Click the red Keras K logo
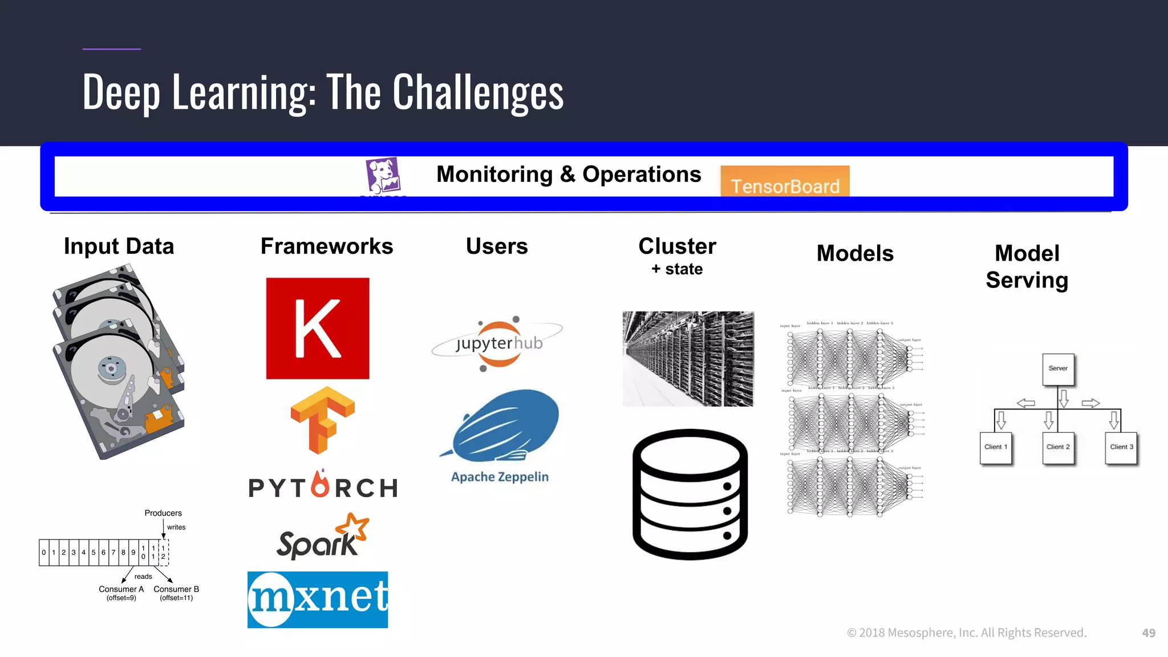pos(318,328)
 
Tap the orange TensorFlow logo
pos(322,419)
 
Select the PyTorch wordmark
pos(323,486)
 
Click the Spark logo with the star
pos(322,538)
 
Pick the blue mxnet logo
pos(318,599)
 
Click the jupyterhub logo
pos(498,343)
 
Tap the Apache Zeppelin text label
pos(500,477)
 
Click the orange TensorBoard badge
pos(785,182)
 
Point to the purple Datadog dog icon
pos(383,176)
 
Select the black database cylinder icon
pos(690,494)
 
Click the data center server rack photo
pos(688,359)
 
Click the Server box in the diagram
pos(1058,369)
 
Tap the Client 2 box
pos(1058,447)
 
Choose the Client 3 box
pos(1121,447)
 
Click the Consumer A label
pos(121,589)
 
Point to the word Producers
pos(163,513)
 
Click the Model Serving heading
pos(1027,266)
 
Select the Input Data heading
pos(119,246)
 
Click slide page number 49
pos(1148,633)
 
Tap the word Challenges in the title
pos(478,92)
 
